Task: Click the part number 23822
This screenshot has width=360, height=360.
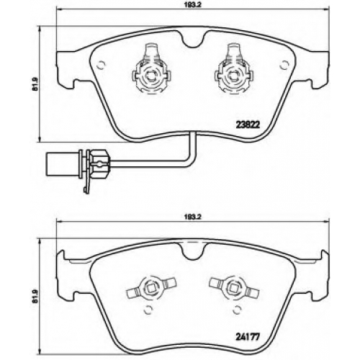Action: (248, 125)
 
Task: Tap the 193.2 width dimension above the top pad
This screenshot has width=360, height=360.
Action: (192, 4)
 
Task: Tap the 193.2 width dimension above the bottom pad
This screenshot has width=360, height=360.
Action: (192, 217)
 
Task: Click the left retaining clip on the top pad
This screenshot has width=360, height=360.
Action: (152, 69)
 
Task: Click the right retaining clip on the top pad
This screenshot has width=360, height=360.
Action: (233, 69)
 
